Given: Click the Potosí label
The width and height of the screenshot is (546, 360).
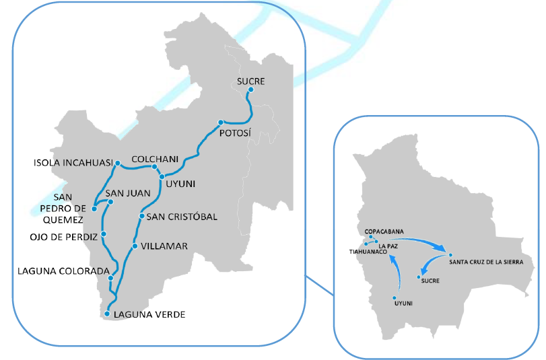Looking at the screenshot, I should pyautogui.click(x=236, y=133).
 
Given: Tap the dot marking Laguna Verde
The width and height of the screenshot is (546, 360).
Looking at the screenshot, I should pyautogui.click(x=107, y=314).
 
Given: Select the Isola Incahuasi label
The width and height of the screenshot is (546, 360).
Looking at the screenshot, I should pyautogui.click(x=72, y=163).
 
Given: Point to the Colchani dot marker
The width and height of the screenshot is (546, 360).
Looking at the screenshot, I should pyautogui.click(x=154, y=167).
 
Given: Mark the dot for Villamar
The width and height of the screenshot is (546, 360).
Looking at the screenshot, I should pyautogui.click(x=135, y=246).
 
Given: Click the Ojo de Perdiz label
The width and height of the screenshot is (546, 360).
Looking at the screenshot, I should pyautogui.click(x=63, y=236).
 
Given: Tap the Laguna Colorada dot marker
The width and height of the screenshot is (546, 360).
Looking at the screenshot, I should pyautogui.click(x=110, y=277).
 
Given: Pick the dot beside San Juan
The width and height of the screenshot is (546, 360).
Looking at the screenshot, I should pyautogui.click(x=111, y=202).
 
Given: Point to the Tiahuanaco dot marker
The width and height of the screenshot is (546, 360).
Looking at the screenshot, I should pyautogui.click(x=366, y=244).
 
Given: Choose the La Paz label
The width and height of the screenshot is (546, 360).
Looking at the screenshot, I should pyautogui.click(x=388, y=246).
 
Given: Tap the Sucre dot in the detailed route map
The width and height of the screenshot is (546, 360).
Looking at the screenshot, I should pyautogui.click(x=250, y=89).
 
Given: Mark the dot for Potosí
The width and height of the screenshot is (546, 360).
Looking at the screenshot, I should pyautogui.click(x=220, y=122).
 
